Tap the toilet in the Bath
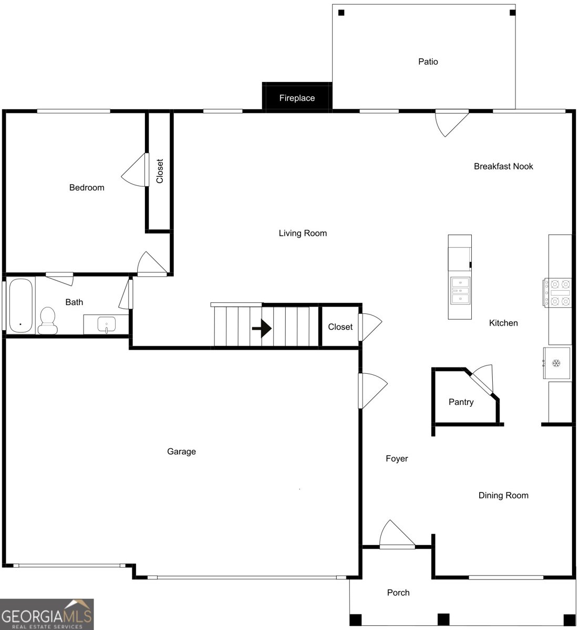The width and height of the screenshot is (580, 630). (x=47, y=321)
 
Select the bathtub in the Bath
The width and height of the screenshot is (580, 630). (x=20, y=306)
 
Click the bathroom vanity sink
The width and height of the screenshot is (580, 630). (x=107, y=324)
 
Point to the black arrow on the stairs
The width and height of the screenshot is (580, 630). (x=262, y=329)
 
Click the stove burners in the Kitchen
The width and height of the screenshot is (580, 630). (x=558, y=293)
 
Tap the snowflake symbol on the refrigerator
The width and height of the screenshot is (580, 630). (x=556, y=363)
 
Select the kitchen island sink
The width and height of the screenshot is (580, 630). (x=460, y=291)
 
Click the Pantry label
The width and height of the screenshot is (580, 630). (x=461, y=402)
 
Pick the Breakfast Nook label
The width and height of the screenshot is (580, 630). (x=503, y=166)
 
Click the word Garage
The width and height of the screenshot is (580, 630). (x=181, y=451)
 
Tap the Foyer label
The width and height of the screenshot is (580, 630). (x=397, y=458)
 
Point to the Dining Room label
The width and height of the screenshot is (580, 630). (x=503, y=495)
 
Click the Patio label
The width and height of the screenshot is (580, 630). (x=428, y=61)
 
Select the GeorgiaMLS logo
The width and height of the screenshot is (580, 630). (x=47, y=614)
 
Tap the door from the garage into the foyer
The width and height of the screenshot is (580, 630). (x=372, y=391)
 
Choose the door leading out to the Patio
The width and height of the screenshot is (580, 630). (x=452, y=123)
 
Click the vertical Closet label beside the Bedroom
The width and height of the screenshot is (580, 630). (x=160, y=171)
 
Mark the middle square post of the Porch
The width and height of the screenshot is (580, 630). (x=443, y=619)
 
